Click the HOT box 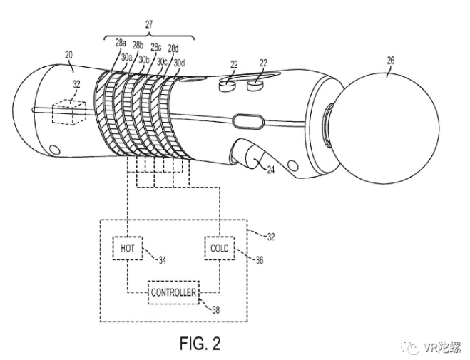tap(128, 248)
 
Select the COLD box tap(220, 248)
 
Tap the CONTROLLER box tap(173, 292)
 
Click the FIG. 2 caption tap(200, 343)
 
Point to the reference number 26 tap(391, 61)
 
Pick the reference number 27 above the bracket tap(149, 24)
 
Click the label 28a tap(121, 43)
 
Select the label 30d tap(179, 63)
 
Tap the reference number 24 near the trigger tap(271, 170)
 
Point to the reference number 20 tap(68, 55)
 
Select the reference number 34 tap(162, 261)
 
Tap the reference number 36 tap(260, 260)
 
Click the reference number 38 tap(215, 309)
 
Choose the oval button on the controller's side tap(248, 122)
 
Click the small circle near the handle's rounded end tap(54, 150)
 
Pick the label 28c tap(156, 47)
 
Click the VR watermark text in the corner tap(443, 347)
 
